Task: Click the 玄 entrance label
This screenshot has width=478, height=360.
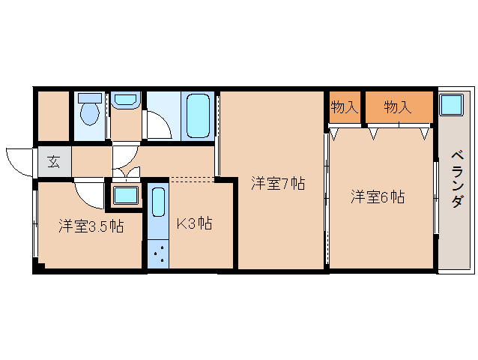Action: [54, 160]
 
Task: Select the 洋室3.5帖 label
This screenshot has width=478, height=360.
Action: [91, 225]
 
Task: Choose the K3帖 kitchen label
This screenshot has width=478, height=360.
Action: [193, 223]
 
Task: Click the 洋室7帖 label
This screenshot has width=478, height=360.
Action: [276, 182]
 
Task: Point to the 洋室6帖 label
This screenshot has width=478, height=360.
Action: [378, 197]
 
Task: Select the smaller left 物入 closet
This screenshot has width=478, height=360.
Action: [344, 107]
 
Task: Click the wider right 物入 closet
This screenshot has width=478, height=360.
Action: [398, 107]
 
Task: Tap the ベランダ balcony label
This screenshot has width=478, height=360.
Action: [456, 179]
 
